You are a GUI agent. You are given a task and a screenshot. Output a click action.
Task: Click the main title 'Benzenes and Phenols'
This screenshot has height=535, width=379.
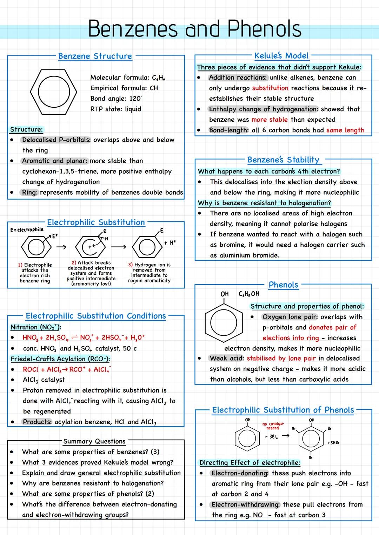pos(194,29)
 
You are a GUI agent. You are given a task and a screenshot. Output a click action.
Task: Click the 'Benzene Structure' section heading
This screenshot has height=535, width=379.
pos(95,56)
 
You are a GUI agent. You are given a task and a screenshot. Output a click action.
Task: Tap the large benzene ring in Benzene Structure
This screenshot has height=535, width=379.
pos(53,92)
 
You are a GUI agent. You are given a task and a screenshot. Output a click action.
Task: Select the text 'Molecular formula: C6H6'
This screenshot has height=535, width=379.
pos(127,78)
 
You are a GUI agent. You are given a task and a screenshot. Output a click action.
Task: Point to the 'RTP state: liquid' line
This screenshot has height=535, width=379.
pos(116,109)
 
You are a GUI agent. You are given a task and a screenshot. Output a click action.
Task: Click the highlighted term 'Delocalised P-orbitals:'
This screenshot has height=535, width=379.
pos(56,140)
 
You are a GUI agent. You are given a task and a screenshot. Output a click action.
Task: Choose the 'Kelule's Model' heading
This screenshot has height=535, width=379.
pos(281,56)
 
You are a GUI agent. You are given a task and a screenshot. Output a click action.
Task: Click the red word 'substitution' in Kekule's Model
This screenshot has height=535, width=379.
pos(270,88)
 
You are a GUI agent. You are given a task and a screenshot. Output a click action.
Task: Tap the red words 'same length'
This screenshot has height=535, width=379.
pos(345,130)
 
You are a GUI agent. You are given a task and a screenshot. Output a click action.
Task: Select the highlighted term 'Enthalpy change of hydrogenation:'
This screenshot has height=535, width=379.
pos(264,109)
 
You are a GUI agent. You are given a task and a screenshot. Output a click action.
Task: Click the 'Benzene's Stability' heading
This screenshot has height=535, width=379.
pos(284,160)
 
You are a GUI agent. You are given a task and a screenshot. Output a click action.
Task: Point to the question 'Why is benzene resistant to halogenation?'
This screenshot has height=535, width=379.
pos(264,203)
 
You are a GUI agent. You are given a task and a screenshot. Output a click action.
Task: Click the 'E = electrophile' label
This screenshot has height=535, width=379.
pos(27,230)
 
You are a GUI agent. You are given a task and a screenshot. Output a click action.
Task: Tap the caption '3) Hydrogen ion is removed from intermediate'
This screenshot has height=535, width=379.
pos(149,273)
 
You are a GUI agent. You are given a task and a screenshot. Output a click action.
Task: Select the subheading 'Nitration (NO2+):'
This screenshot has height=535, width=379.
pos(36,327)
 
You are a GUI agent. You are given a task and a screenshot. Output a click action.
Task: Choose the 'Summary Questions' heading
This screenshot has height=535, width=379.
pos(94,441)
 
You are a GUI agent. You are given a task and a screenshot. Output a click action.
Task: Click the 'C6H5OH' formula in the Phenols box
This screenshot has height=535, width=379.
pos(249,294)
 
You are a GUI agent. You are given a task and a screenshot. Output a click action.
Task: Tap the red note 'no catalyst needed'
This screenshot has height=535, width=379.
pos(273,426)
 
